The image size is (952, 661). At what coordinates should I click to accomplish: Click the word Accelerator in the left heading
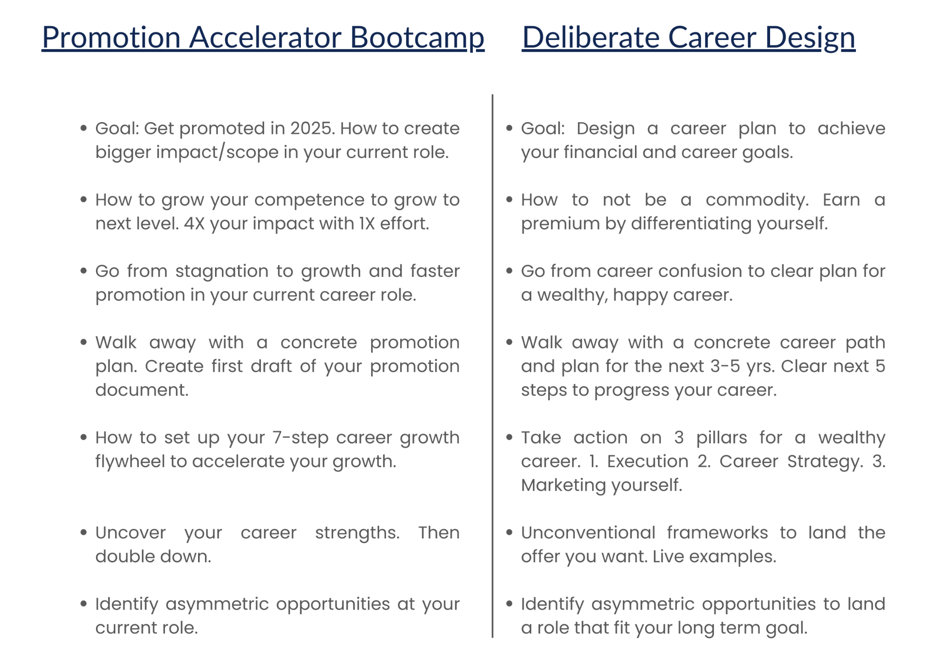[265, 37]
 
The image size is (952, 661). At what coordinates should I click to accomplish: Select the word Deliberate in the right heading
[590, 37]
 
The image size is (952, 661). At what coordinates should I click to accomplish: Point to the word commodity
[757, 200]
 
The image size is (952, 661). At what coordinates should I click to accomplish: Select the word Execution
[648, 461]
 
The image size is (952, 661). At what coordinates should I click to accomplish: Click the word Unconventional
[588, 533]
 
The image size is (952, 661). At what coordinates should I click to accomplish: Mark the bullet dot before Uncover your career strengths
[84, 533]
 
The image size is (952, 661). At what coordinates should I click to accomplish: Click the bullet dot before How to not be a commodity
[509, 200]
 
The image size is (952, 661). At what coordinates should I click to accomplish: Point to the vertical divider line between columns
[493, 366]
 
